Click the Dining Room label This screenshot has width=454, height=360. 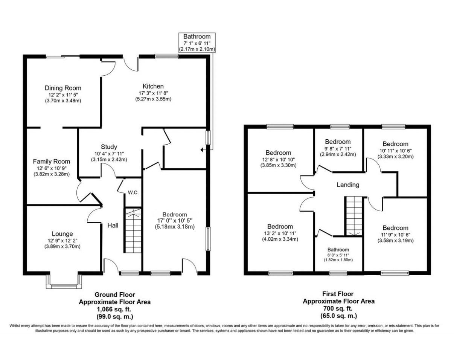(x=63, y=88)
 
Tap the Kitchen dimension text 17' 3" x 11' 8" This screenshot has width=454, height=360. (x=153, y=93)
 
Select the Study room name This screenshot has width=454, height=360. (x=109, y=147)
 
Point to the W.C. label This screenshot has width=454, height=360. (x=133, y=193)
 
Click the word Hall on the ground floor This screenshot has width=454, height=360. (x=113, y=226)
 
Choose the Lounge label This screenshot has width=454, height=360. (x=62, y=234)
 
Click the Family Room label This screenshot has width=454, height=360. (x=52, y=162)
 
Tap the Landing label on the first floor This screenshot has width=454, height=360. (x=348, y=185)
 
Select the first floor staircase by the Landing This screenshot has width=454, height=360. (x=354, y=216)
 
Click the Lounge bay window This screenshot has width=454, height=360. (x=64, y=282)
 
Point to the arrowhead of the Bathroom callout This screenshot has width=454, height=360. (x=202, y=150)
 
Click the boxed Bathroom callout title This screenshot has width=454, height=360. (x=197, y=37)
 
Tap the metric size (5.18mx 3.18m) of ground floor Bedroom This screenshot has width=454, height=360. (x=175, y=227)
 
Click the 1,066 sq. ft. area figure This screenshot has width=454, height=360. (x=114, y=310)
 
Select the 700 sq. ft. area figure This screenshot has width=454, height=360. (x=338, y=309)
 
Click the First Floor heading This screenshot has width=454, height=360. (x=338, y=294)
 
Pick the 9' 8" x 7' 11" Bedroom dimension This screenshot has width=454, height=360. (x=338, y=149)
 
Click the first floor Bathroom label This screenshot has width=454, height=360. (x=338, y=250)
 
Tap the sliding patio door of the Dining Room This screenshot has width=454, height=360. (x=63, y=56)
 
